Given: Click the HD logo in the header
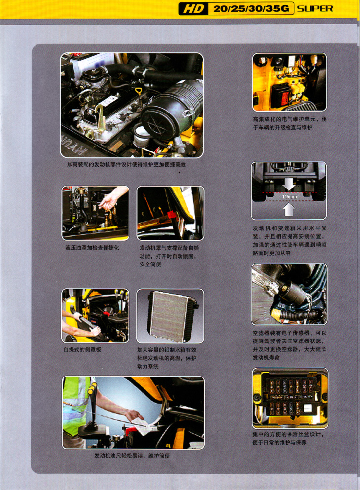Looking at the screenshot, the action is click(x=193, y=9).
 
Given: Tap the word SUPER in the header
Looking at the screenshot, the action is click(x=315, y=9).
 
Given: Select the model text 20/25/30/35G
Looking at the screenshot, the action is click(x=251, y=9).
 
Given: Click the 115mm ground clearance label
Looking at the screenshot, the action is click(x=289, y=197).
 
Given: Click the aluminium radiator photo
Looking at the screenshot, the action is click(x=171, y=316).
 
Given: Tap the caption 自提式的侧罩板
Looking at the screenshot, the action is click(x=82, y=350).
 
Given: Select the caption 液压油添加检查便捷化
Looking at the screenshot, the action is click(x=92, y=248).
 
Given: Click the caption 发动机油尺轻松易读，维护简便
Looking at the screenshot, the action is click(x=132, y=456).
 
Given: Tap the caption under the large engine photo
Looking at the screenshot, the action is click(x=126, y=164).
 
